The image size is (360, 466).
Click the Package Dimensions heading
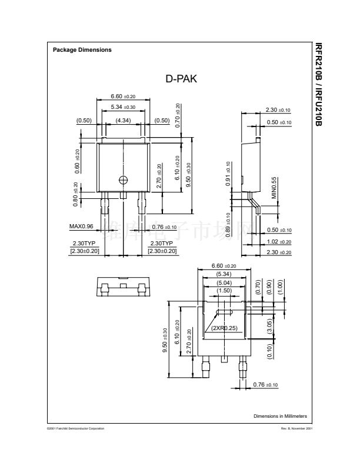[x=82, y=50]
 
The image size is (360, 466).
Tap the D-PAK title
[x=181, y=78]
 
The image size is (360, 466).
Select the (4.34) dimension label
[x=123, y=121]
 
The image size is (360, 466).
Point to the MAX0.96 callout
[x=81, y=227]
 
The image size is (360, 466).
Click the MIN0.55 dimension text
[x=274, y=188]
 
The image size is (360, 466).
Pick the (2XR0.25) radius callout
[x=224, y=328]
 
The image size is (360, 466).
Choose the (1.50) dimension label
[x=224, y=291]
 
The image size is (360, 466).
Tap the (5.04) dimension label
[x=224, y=282]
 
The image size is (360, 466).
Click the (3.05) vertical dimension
[x=269, y=327]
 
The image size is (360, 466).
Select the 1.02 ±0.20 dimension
[x=279, y=241]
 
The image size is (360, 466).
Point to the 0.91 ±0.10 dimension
[x=228, y=174]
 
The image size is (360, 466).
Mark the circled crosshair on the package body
[x=123, y=179]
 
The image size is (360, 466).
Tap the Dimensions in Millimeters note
[x=280, y=416]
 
